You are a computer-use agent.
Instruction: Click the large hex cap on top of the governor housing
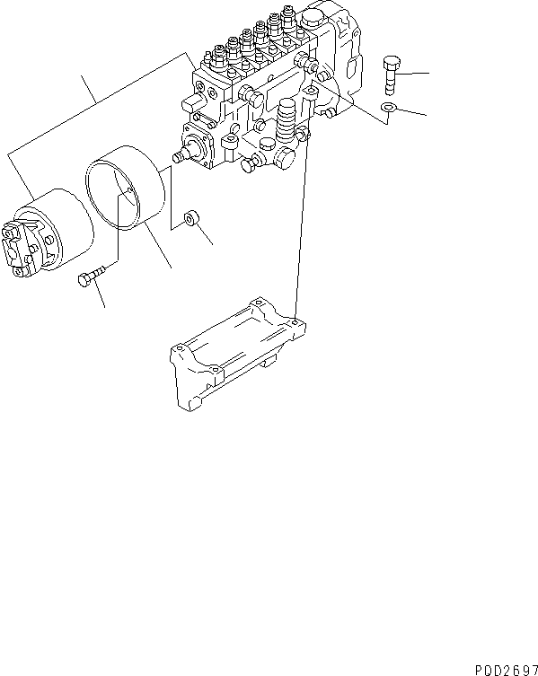(315, 19)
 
